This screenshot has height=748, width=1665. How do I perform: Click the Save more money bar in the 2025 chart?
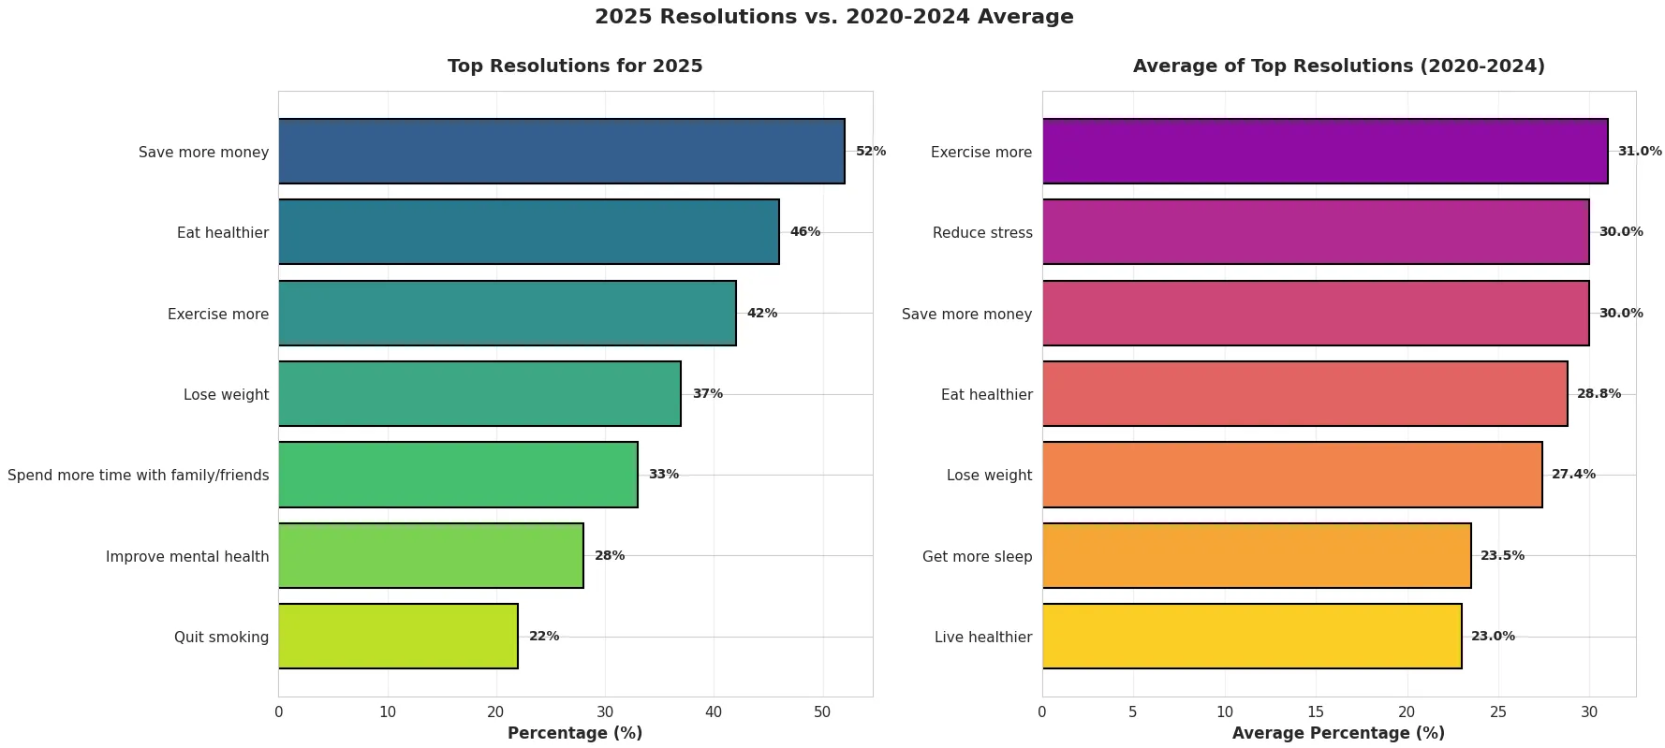(x=561, y=151)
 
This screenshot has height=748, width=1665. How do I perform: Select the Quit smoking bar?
(x=398, y=637)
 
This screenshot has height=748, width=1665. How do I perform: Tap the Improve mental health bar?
(x=431, y=556)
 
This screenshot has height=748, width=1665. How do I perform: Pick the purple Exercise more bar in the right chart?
(x=1324, y=151)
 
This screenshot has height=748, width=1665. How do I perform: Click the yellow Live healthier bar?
(x=1251, y=637)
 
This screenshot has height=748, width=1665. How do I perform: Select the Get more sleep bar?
(x=1256, y=556)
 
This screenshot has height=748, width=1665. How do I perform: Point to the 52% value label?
(x=870, y=151)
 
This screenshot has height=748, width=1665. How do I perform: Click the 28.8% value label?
(x=1599, y=394)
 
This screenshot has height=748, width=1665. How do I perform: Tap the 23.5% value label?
(x=1502, y=556)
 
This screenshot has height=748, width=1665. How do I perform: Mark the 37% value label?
(x=707, y=394)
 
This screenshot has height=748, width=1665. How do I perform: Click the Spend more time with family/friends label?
(x=138, y=476)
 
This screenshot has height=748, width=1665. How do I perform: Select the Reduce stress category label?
(x=982, y=233)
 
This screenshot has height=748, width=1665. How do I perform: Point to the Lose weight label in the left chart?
(x=226, y=395)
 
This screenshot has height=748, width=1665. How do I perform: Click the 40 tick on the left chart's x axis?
(x=714, y=712)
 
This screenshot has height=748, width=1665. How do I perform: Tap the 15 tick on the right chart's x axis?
(x=1316, y=712)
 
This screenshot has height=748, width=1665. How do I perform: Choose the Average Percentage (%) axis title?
(x=1338, y=733)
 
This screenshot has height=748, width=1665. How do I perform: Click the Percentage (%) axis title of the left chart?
(x=575, y=733)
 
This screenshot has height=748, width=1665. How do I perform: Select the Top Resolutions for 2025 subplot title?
(x=575, y=66)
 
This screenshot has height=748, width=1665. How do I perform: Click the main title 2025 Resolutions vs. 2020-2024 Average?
(x=833, y=17)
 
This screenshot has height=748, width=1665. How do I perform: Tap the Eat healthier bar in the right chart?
(x=1304, y=394)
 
